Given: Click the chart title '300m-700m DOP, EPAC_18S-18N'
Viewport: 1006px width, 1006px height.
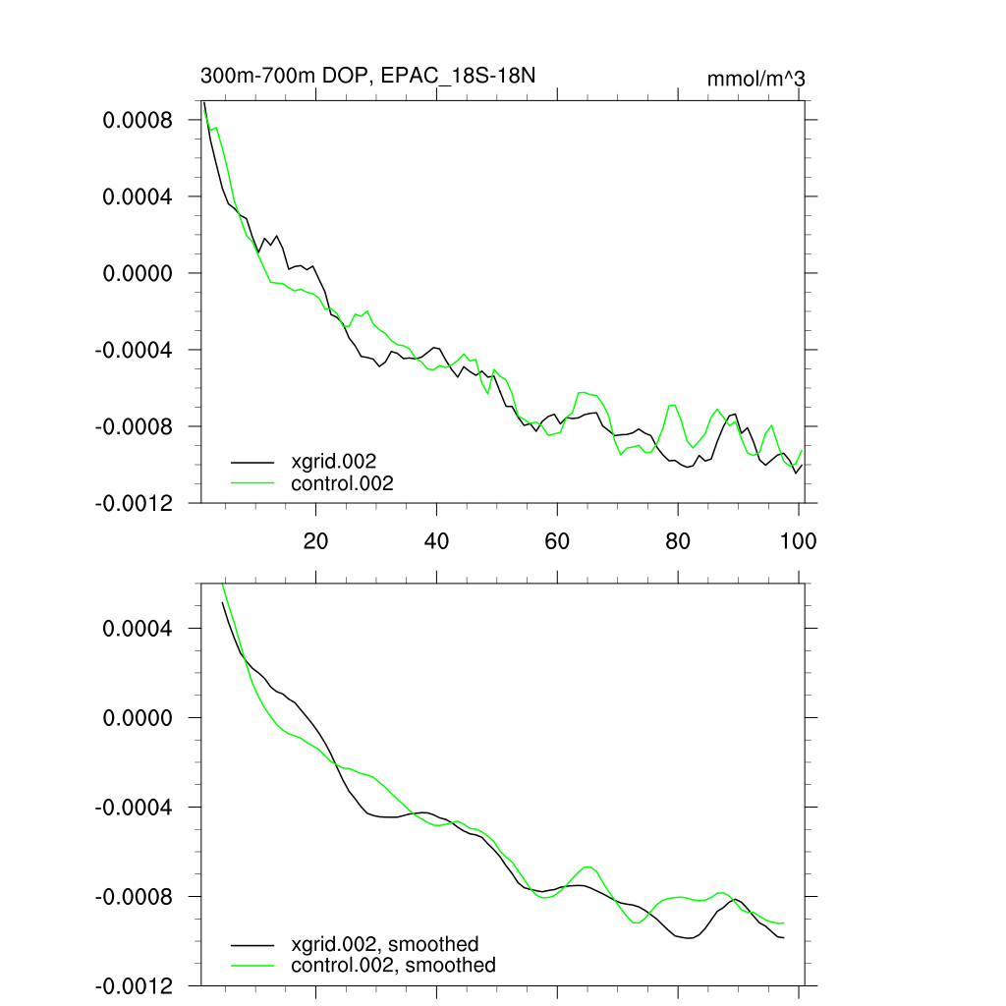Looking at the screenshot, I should [x=368, y=76].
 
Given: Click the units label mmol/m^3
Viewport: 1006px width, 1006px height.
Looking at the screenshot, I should [x=755, y=78].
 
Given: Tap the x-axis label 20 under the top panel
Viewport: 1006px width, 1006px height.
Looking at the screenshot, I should [x=315, y=540].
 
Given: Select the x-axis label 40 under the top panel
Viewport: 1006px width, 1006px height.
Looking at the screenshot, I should [x=436, y=540].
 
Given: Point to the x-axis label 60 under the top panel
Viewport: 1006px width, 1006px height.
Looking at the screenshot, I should [x=557, y=540].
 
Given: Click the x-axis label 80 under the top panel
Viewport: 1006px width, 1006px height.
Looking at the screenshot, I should [x=678, y=540].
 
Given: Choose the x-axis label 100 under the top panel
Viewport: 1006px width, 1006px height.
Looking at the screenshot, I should [x=798, y=540].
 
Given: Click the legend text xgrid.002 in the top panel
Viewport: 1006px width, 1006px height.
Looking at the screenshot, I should [x=334, y=461].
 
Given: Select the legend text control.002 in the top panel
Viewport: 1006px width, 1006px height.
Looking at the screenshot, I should [x=342, y=483].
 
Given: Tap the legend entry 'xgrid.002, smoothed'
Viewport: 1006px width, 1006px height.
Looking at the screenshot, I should [x=384, y=944].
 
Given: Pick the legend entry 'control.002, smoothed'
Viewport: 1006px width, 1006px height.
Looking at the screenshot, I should [x=393, y=966].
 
